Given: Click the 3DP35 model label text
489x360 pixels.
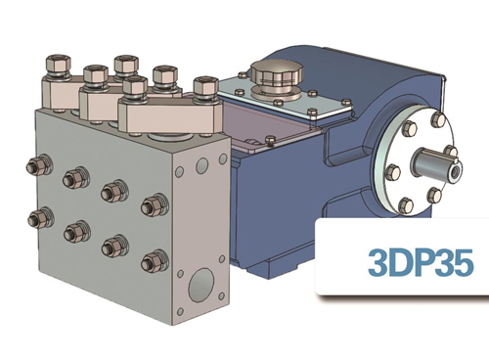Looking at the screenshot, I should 421,263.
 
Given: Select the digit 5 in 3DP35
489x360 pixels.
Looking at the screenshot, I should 463,263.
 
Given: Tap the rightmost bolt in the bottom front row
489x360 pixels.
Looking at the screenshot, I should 151,261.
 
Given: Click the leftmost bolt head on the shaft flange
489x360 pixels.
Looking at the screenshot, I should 392,174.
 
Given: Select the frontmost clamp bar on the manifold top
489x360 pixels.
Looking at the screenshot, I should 166,114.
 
